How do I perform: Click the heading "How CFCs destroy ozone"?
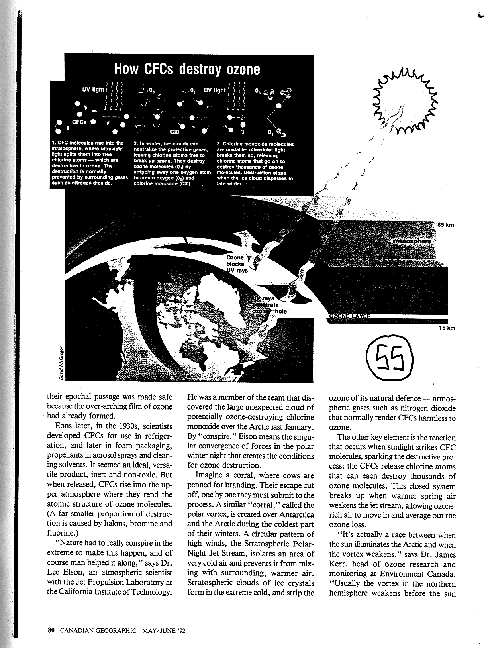point(187,69)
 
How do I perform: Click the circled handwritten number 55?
point(390,355)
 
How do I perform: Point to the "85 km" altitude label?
point(446,225)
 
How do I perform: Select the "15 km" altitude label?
point(445,328)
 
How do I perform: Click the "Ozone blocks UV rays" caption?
point(237,264)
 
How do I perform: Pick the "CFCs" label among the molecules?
point(79,122)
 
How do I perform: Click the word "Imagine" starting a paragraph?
point(210,475)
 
